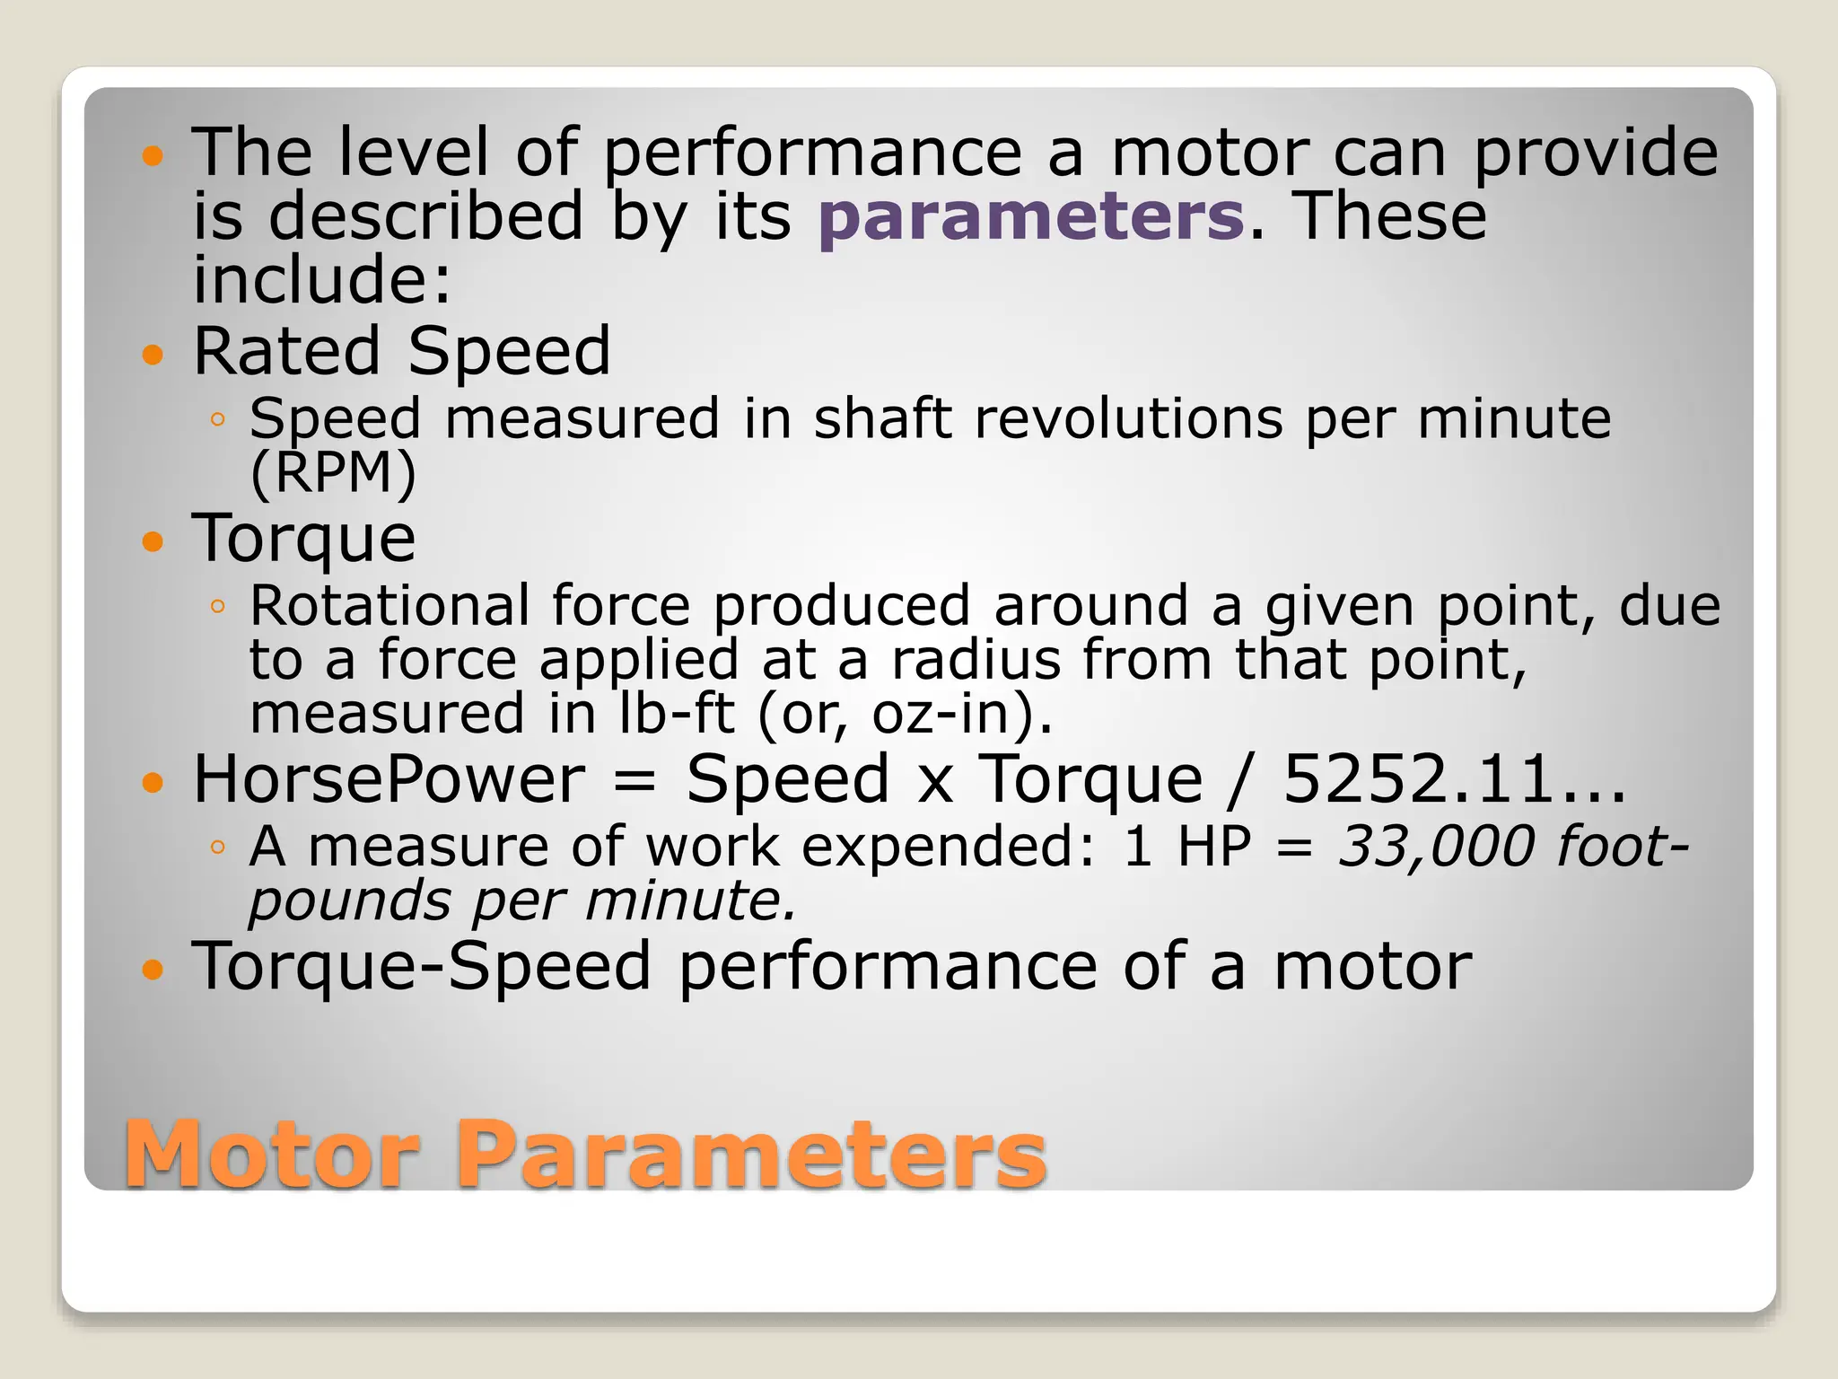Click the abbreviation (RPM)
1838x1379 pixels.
point(333,472)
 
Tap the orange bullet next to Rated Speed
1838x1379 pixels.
point(153,354)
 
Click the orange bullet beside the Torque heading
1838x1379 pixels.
point(153,541)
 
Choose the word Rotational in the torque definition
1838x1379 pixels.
point(389,606)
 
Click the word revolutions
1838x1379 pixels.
point(1128,419)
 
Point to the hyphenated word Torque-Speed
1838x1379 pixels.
point(422,967)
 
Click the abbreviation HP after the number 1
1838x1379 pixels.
point(1213,847)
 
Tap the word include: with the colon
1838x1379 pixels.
point(321,279)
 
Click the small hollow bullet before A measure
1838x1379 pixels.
point(216,847)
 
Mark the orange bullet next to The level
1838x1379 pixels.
point(153,156)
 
